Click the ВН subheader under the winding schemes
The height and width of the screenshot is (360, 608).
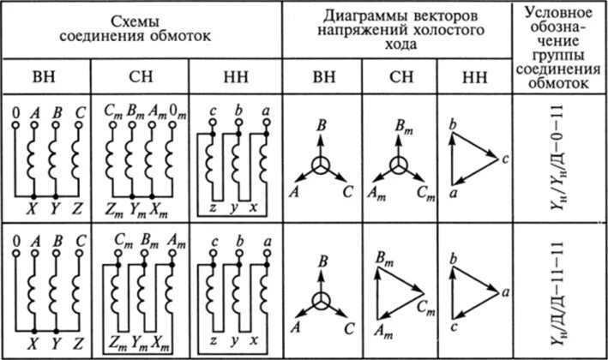click(45, 75)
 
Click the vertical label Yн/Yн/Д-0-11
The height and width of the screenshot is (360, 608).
click(561, 157)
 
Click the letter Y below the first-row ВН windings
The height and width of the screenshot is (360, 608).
click(55, 207)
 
